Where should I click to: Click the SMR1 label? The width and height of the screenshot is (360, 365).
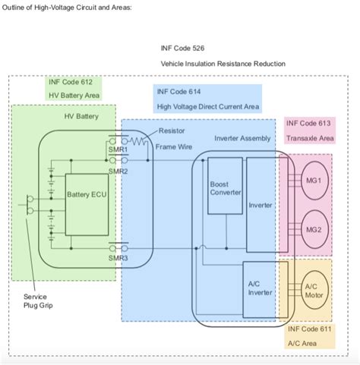click(117, 150)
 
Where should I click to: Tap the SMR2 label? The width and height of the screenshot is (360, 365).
click(117, 171)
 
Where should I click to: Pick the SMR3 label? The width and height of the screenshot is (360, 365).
click(117, 257)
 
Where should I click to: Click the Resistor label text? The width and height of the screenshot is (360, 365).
click(171, 131)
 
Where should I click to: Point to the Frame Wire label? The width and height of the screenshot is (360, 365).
click(173, 146)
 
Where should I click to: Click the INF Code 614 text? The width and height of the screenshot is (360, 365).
click(181, 92)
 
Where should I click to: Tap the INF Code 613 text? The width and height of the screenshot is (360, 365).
click(309, 123)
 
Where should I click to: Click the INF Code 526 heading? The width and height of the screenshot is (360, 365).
click(182, 47)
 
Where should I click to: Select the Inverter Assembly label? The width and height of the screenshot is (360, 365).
click(242, 139)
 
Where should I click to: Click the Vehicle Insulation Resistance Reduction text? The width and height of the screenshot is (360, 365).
click(223, 64)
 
